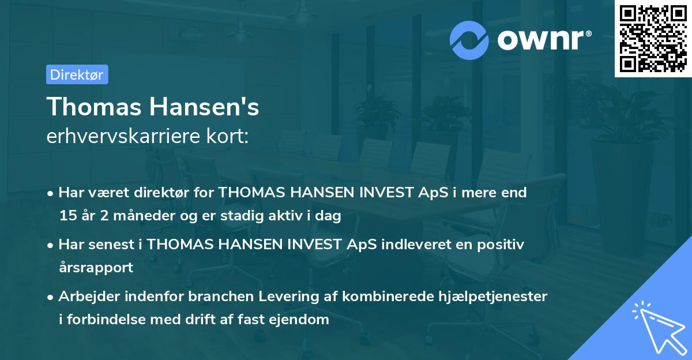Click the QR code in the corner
[653, 38]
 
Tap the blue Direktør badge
[77, 74]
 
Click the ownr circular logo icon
[469, 40]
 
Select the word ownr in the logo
[542, 40]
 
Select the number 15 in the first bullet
[66, 216]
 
